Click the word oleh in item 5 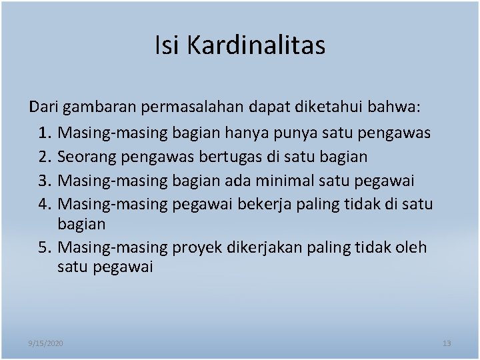click(410, 247)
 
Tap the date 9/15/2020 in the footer click(46, 343)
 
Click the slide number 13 click(447, 343)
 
